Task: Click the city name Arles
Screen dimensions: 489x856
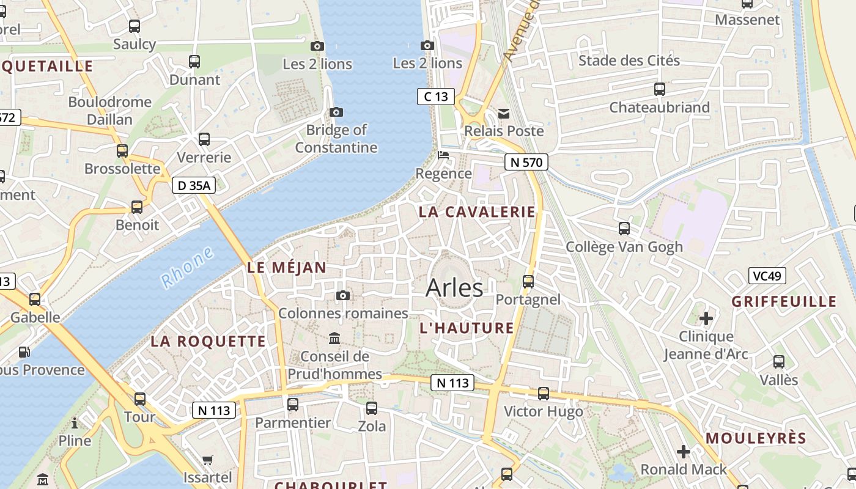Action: pos(454,288)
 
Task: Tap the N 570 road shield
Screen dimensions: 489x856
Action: pos(526,162)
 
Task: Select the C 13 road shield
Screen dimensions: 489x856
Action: pos(436,96)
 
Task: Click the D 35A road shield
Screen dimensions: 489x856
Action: pos(194,185)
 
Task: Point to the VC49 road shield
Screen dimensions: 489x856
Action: pos(767,276)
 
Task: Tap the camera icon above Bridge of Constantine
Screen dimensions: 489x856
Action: pos(336,112)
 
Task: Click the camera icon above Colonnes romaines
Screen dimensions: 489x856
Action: pos(343,296)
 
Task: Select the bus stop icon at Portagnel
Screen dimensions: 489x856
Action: pos(528,282)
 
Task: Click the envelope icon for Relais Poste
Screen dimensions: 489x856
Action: pos(504,113)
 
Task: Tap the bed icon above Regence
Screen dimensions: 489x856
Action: pos(443,155)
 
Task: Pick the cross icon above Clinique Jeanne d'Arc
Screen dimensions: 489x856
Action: pos(706,318)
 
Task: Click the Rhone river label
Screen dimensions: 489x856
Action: pos(187,267)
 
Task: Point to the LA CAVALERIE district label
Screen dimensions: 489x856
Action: pos(477,212)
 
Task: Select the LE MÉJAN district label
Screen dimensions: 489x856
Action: pos(287,267)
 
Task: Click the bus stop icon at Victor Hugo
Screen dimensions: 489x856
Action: pos(543,394)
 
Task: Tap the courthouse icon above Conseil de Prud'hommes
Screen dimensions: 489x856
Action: pos(334,338)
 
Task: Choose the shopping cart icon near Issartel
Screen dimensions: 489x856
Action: pos(208,460)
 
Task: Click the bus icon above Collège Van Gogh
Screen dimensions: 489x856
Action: pos(624,229)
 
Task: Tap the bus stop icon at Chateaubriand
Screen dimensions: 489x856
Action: pos(659,89)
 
